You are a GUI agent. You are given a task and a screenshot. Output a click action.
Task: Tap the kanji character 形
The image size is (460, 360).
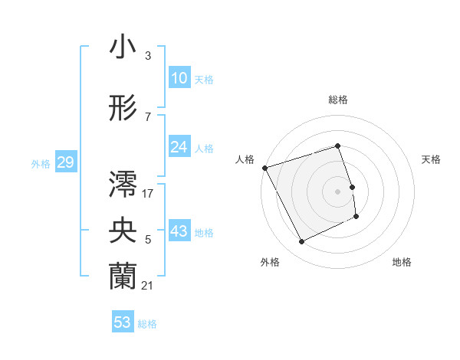click(x=123, y=108)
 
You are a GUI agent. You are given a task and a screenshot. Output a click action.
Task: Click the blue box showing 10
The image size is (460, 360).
click(x=179, y=78)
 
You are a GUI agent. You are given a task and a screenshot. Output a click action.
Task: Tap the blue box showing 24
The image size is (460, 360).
click(x=179, y=147)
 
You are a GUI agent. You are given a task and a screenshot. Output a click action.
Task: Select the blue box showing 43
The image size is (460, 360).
click(x=179, y=231)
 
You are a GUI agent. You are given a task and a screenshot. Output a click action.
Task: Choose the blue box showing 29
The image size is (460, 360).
click(x=65, y=162)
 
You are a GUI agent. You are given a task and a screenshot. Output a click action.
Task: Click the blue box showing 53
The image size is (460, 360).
click(x=123, y=322)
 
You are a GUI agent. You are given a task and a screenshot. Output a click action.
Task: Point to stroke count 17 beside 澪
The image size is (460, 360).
click(x=148, y=194)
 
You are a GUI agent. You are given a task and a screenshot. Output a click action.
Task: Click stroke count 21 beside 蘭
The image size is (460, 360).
click(x=148, y=286)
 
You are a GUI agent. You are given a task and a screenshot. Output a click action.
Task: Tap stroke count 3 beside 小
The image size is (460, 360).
click(x=148, y=56)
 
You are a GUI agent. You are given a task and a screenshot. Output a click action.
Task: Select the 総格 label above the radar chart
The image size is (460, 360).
click(x=338, y=100)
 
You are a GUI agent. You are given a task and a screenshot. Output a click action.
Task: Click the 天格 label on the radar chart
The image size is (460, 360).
click(x=431, y=159)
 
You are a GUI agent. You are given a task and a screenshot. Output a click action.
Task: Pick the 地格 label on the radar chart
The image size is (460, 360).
click(x=402, y=262)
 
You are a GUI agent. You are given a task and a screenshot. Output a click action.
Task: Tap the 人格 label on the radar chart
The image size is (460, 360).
click(x=245, y=159)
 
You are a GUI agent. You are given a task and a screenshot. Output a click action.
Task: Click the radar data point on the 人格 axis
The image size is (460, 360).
click(x=264, y=168)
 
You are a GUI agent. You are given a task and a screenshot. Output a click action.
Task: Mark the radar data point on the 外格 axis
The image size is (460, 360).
click(x=301, y=242)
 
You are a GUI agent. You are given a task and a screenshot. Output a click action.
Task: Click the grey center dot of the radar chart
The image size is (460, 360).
click(x=338, y=191)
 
